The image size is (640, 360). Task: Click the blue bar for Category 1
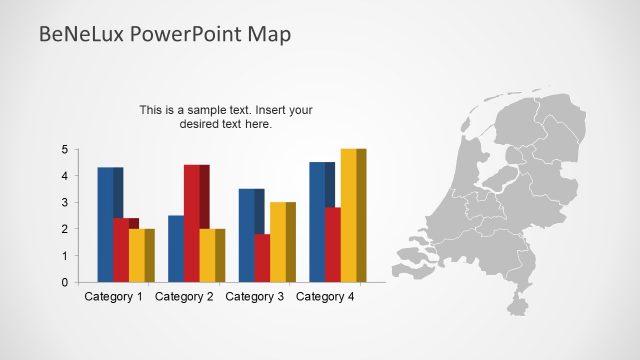coord(108,225)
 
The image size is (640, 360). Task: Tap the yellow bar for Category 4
coord(351,215)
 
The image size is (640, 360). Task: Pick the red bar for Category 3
coord(261,258)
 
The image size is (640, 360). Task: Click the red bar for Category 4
coord(333,245)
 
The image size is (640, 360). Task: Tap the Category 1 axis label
coord(113,297)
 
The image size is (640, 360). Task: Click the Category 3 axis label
coord(255,297)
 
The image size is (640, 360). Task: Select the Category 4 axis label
coord(326,297)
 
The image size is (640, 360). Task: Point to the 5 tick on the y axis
coord(64,150)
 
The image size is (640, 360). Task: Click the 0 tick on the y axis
coord(64,282)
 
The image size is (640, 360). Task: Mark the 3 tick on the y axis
coord(64,203)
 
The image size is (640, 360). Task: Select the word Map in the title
coord(269,35)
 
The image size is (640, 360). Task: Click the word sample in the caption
coord(209,110)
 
